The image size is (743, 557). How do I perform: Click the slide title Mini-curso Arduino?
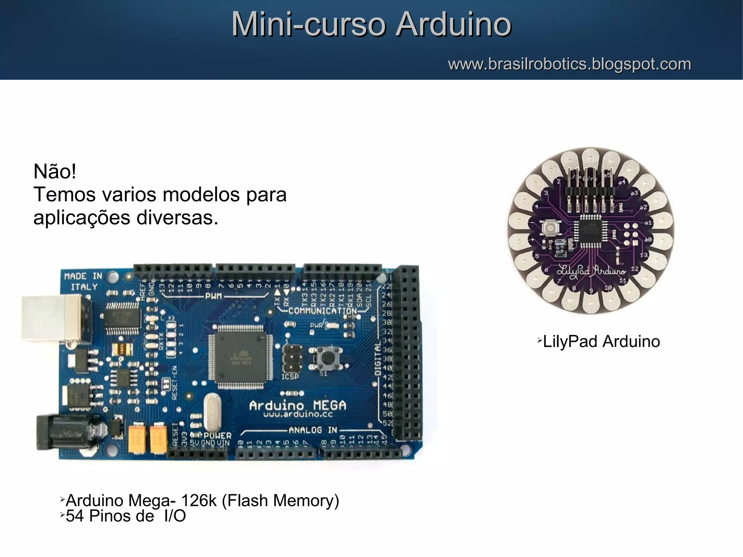click(x=371, y=24)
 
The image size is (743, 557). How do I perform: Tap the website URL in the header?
click(x=569, y=64)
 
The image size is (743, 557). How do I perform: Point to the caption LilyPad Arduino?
click(x=601, y=341)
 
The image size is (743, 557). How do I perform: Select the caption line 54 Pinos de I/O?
click(x=126, y=516)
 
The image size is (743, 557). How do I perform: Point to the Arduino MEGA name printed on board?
click(x=297, y=405)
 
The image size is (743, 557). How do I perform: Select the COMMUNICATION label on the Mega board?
click(x=323, y=311)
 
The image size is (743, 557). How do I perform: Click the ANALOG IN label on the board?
click(x=313, y=430)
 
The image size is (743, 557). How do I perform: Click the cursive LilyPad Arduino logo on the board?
click(x=591, y=271)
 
